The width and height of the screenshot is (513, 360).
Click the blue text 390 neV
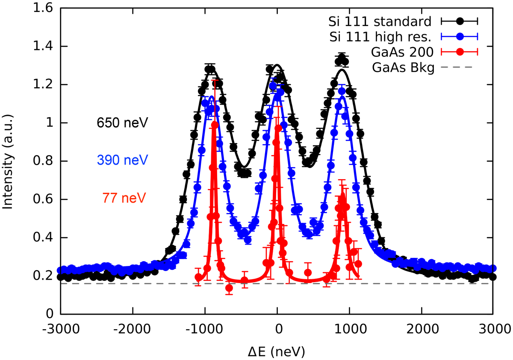point(122,161)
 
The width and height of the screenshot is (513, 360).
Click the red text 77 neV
point(124,198)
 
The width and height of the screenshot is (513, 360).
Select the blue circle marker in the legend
point(460,36)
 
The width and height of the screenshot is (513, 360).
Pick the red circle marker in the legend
point(460,52)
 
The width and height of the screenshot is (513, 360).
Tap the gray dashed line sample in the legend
point(456,67)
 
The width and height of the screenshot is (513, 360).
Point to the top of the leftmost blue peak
point(210,101)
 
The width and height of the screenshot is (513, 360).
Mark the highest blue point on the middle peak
point(273,86)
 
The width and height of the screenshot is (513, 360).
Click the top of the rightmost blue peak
point(341,91)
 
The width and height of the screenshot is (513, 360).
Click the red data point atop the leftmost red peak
point(215,124)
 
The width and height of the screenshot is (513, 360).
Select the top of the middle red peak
point(278,127)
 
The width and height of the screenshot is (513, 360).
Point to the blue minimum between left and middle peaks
point(247,240)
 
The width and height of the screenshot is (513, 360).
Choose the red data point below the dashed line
point(229,289)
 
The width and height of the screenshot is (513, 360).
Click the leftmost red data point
point(198,277)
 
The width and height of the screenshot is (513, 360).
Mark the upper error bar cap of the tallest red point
point(215,80)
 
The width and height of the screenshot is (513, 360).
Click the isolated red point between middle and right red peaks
point(308,272)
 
